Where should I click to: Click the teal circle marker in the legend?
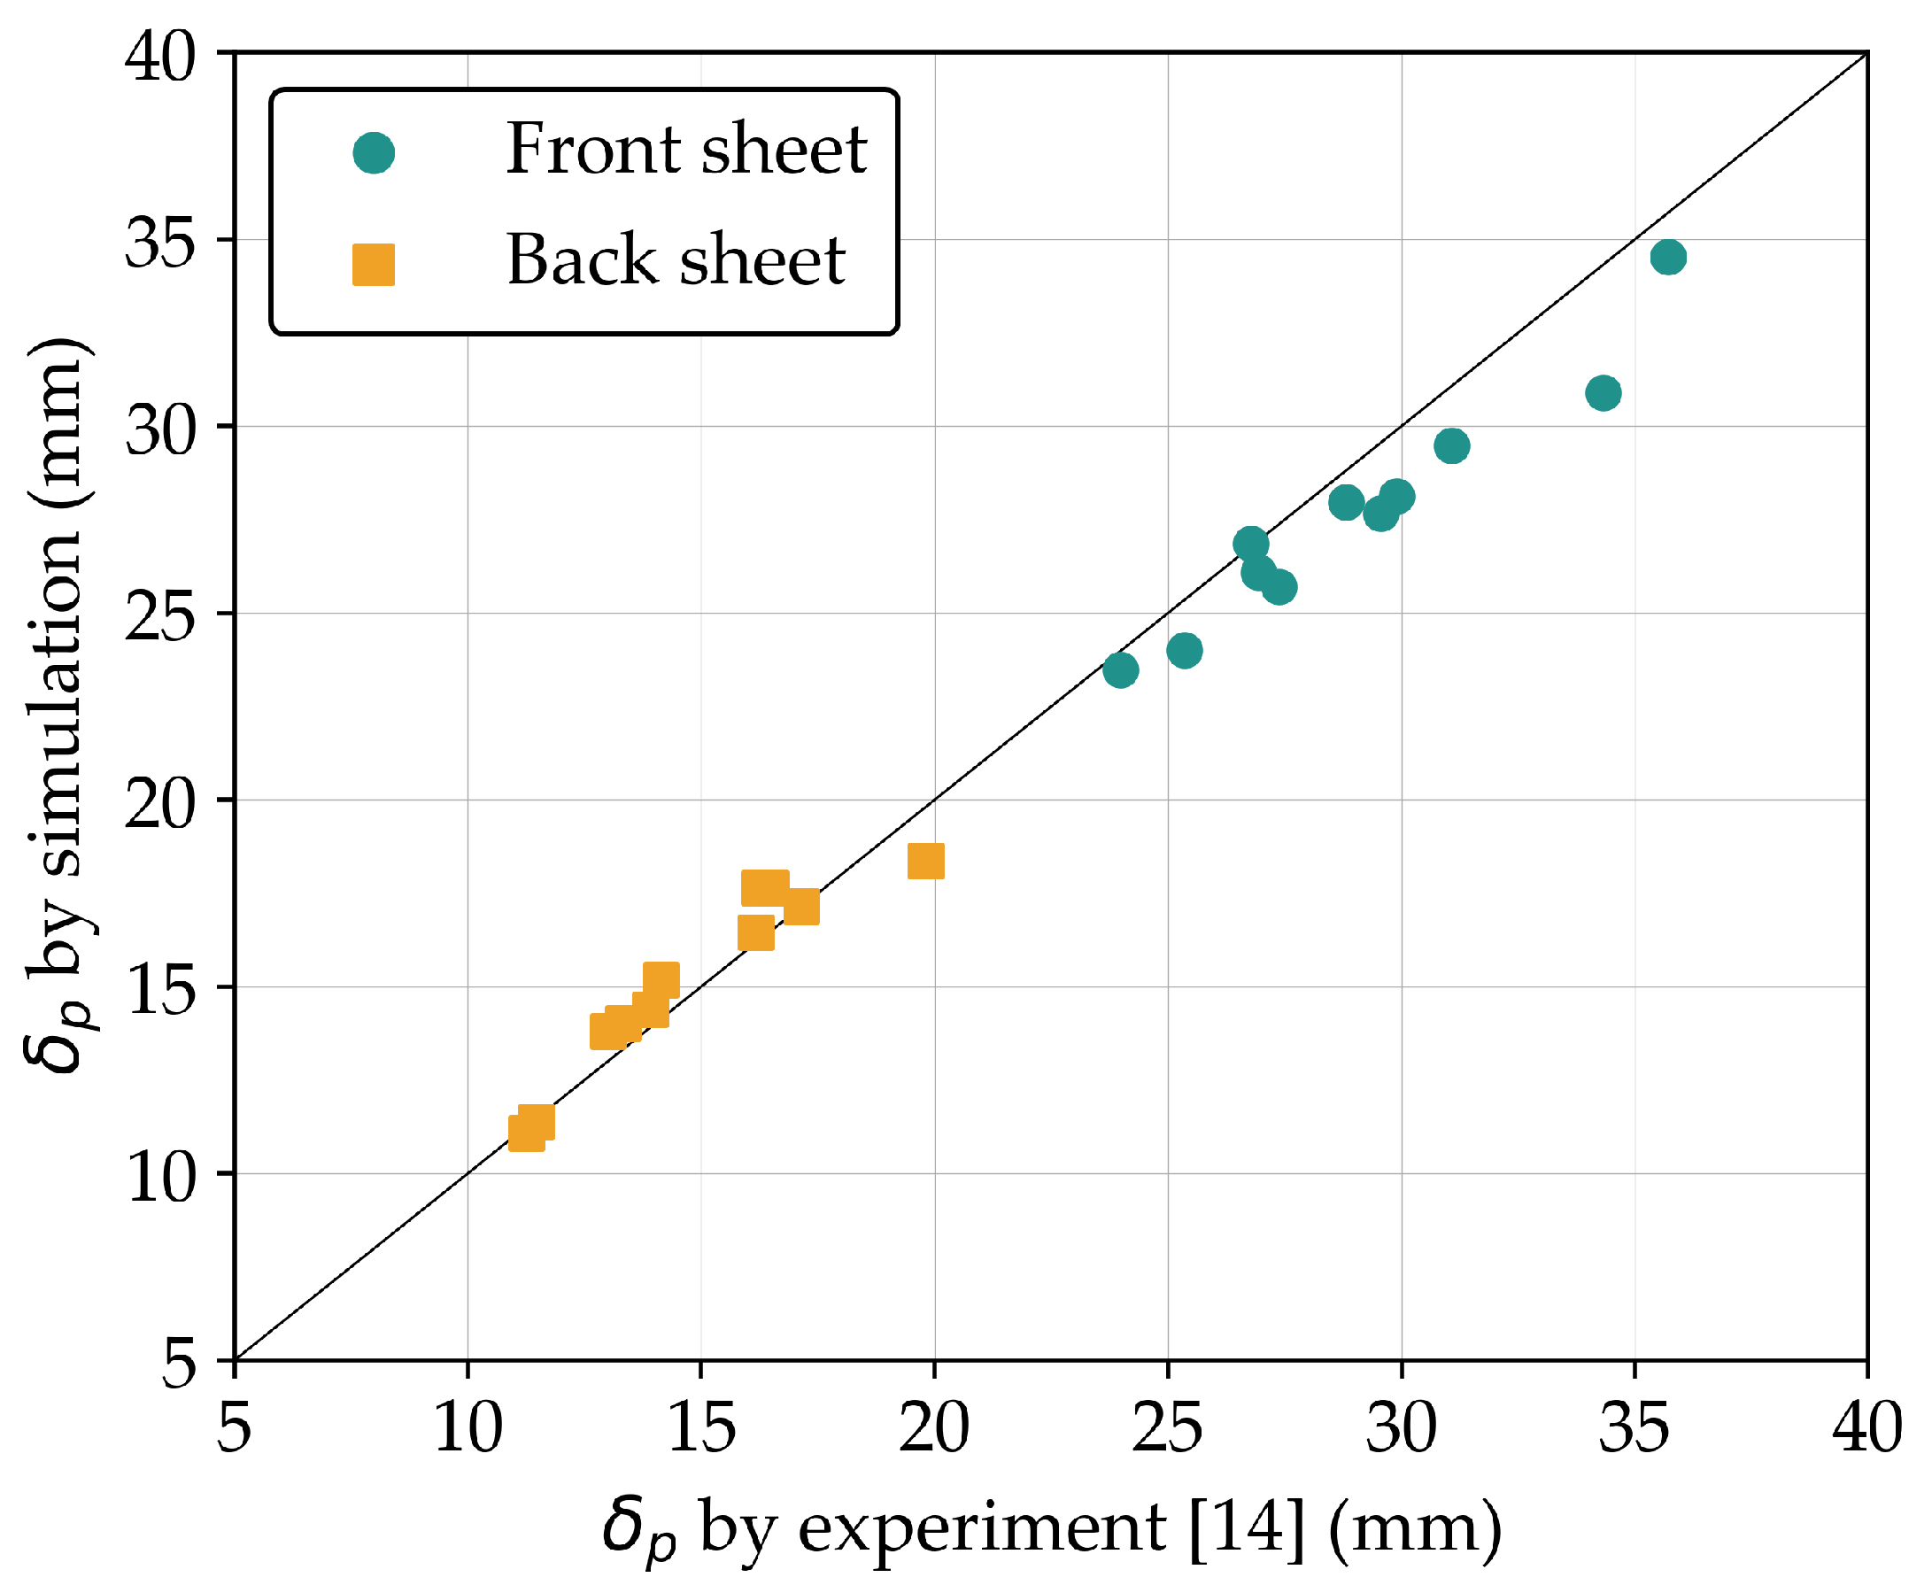point(374,152)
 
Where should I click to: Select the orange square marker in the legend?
point(374,265)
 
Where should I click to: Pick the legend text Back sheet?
point(676,260)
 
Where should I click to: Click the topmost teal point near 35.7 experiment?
point(1667,258)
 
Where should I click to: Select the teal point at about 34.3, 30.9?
point(1603,393)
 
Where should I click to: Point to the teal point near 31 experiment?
point(1451,446)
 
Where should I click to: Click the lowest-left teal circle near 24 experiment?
point(1120,671)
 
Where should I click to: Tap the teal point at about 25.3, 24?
point(1183,651)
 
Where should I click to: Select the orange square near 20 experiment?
point(925,861)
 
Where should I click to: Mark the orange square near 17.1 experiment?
point(800,907)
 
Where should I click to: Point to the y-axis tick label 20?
point(159,803)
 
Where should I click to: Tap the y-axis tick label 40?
point(159,57)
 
